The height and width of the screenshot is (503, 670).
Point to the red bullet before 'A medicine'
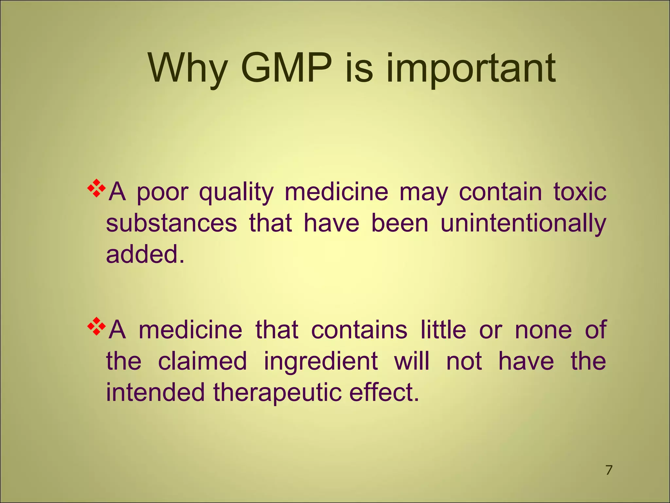coord(97,326)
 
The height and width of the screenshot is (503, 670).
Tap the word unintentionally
coord(523,224)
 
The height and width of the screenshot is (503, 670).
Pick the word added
coord(145,254)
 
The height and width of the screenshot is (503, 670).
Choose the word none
coord(543,330)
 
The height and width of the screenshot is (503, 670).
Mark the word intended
coord(155,392)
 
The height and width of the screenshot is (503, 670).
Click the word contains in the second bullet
coord(359,330)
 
